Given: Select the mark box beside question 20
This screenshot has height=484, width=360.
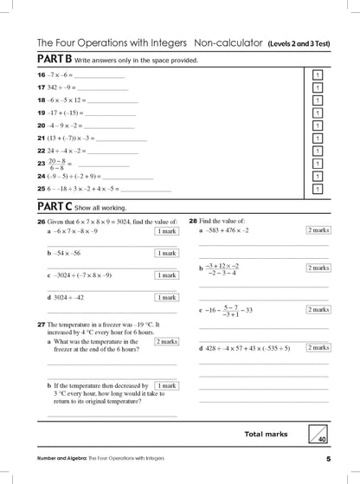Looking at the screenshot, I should pyautogui.click(x=317, y=126).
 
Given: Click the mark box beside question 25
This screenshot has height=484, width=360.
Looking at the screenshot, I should pyautogui.click(x=317, y=189).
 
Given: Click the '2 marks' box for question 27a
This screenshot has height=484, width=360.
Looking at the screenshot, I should pyautogui.click(x=166, y=341).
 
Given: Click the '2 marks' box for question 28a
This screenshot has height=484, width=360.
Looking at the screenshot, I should pyautogui.click(x=318, y=230).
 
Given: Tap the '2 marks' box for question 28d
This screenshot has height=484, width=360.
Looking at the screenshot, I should pyautogui.click(x=318, y=347).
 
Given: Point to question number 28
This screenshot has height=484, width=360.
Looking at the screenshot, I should pyautogui.click(x=193, y=221).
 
